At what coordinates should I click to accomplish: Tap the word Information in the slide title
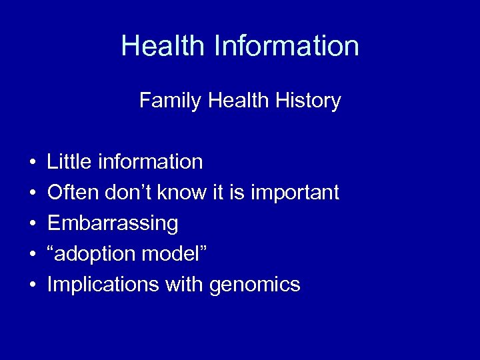(x=287, y=46)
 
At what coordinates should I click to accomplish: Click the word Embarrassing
(x=113, y=224)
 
